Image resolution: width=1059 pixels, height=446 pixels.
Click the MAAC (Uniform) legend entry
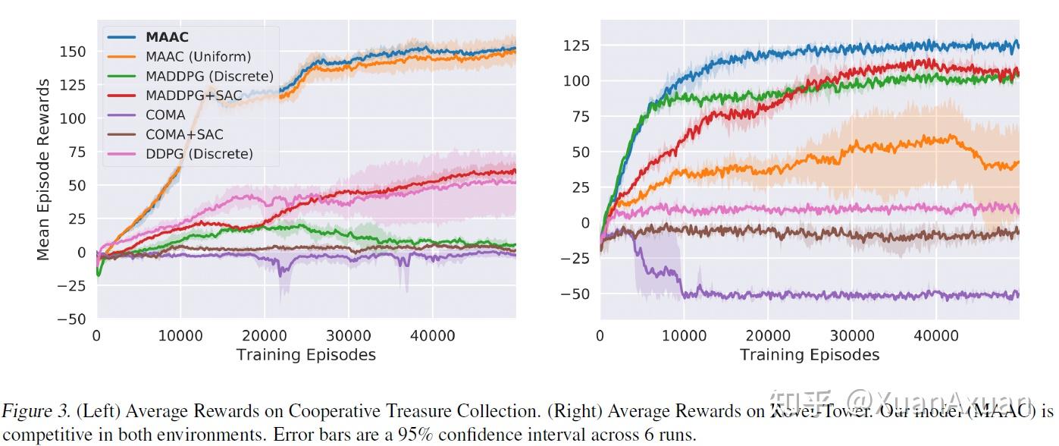point(198,56)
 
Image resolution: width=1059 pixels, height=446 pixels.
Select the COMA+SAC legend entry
point(184,134)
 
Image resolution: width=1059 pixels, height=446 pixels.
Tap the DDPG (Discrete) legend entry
point(199,154)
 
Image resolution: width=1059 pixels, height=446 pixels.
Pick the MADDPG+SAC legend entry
point(193,96)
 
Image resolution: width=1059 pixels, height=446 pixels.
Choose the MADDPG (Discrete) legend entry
point(209,76)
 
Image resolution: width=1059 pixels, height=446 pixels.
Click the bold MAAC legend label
point(167,36)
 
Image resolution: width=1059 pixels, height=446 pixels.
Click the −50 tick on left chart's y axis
point(71,319)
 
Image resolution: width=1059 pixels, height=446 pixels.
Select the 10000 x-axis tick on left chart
point(180,336)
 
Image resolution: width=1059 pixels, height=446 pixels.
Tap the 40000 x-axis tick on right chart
point(935,336)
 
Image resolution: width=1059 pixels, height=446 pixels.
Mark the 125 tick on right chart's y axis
point(577,46)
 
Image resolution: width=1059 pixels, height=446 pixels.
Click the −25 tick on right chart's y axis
point(575,259)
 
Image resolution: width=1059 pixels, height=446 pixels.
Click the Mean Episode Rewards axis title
point(43,170)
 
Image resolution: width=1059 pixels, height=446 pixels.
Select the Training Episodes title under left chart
point(305,354)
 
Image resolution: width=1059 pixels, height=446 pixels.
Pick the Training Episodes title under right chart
point(809,354)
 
